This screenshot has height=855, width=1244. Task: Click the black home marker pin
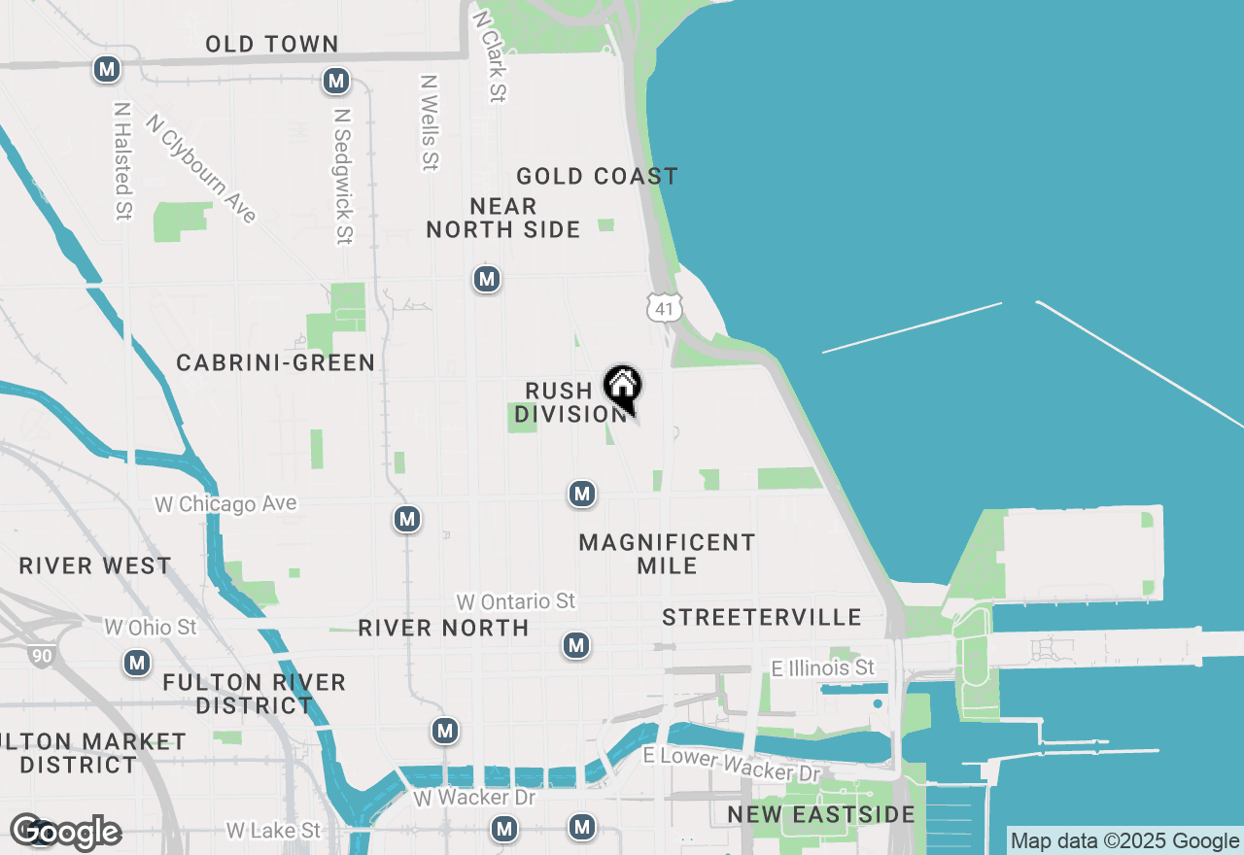(x=622, y=386)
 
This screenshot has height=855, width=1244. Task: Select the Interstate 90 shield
(x=41, y=657)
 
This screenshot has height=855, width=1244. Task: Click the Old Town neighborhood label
(x=272, y=44)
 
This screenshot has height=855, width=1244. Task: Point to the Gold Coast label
(x=597, y=176)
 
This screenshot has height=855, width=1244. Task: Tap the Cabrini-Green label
(x=276, y=362)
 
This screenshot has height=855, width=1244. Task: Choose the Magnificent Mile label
(x=667, y=554)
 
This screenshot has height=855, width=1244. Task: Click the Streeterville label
(x=762, y=617)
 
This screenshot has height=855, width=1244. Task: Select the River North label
(x=443, y=628)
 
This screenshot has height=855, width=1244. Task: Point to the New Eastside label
(x=821, y=814)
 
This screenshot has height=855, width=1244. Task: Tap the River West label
(x=95, y=565)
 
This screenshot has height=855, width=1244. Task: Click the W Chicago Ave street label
(x=225, y=504)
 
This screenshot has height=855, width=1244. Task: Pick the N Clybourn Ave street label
(x=201, y=168)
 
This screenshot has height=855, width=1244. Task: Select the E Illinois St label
(x=822, y=667)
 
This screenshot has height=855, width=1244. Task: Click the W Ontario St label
(x=516, y=601)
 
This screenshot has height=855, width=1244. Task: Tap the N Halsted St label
(x=122, y=160)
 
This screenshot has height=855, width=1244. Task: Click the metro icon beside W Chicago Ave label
(x=407, y=519)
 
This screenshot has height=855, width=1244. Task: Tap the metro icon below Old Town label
(x=336, y=81)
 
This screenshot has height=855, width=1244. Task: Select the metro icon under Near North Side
(x=487, y=280)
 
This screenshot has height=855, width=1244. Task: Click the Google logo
(x=66, y=832)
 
